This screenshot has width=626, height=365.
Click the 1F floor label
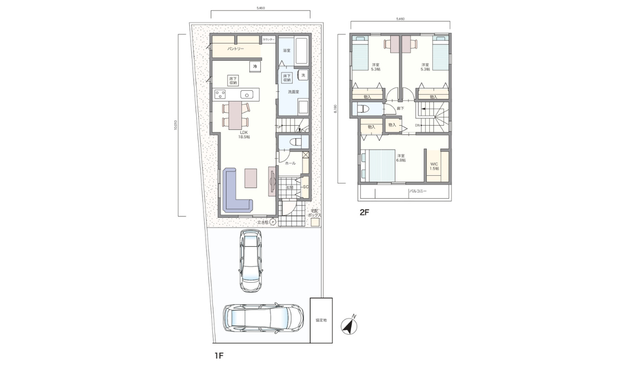point(219,356)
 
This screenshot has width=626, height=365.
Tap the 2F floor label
point(363,212)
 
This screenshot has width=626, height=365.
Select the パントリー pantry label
point(235,49)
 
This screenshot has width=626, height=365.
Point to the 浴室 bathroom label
point(286,51)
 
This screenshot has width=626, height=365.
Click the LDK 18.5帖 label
point(244,135)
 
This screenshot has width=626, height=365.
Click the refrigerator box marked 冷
point(255,66)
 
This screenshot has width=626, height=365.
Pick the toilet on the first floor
point(295,141)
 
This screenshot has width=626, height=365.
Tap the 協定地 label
point(321,321)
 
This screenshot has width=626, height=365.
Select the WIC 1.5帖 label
point(434,166)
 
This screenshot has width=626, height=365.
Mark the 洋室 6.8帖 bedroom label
point(401,158)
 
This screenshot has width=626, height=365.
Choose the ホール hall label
point(291,163)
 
